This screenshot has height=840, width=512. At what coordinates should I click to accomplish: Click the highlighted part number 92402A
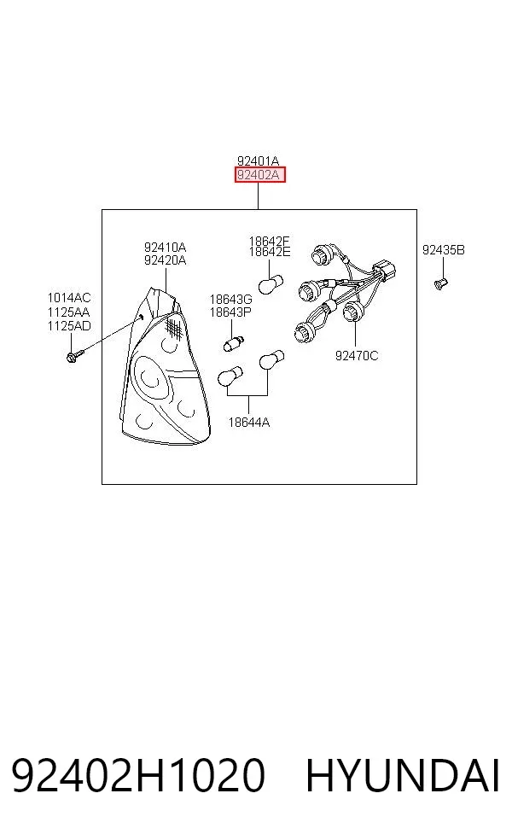click(259, 175)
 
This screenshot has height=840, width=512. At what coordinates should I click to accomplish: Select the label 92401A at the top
click(259, 160)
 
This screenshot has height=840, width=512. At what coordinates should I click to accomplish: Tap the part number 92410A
click(165, 247)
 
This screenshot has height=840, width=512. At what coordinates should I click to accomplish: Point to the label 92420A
click(165, 260)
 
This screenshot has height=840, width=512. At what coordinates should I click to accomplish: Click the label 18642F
click(270, 241)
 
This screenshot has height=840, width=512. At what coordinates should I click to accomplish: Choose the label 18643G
click(230, 300)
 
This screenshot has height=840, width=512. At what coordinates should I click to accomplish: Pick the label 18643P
click(230, 312)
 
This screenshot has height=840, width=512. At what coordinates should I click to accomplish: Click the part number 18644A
click(249, 423)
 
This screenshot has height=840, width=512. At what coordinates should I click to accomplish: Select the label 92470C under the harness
click(357, 355)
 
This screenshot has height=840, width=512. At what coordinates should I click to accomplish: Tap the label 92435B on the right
click(444, 249)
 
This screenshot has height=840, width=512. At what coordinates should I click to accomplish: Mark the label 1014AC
click(69, 298)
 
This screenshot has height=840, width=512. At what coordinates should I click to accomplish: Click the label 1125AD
click(69, 326)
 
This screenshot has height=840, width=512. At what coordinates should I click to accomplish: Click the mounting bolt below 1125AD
click(74, 356)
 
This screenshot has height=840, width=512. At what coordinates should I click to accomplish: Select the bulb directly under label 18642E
click(271, 284)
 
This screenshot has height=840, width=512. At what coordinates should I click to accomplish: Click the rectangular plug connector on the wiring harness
click(386, 271)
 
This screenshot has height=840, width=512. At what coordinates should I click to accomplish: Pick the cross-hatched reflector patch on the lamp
click(172, 327)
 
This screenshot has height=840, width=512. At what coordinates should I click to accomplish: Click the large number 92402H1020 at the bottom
click(138, 775)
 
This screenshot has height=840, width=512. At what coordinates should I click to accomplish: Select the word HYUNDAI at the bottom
click(403, 775)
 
